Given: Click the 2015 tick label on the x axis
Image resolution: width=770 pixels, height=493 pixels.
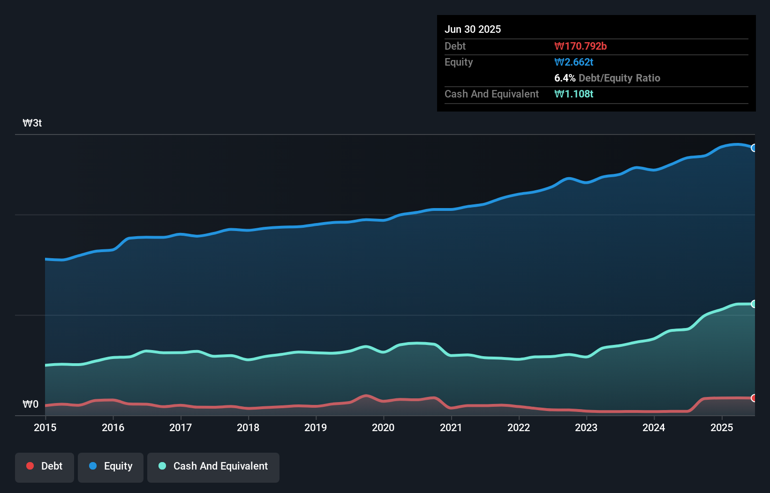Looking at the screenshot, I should pos(45,427).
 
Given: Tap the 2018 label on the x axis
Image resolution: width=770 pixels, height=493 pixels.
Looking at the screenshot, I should pos(248,427).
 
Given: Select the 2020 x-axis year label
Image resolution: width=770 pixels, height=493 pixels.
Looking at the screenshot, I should pos(383,427).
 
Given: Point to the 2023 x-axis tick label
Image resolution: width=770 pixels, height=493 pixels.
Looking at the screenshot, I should pos(586,427).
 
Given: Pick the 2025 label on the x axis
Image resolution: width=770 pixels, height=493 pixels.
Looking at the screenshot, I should pos(722,427).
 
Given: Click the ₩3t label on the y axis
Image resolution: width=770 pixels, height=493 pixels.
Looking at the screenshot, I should pos(32,123).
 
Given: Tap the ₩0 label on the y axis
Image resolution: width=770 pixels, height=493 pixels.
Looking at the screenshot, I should pos(30,404).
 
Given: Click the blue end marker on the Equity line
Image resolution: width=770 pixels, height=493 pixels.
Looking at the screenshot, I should pos(754,148).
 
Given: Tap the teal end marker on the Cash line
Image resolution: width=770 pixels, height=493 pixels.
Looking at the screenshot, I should pos(754,304).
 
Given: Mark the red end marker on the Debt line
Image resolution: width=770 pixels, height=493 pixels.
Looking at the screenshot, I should pos(754,398).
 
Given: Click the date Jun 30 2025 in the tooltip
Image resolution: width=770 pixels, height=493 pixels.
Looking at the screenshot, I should pos(473,29).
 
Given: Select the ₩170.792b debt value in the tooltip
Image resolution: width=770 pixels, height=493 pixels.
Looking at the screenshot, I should pos(581,46).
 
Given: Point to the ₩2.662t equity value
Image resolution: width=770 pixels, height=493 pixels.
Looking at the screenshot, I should pos(574,62).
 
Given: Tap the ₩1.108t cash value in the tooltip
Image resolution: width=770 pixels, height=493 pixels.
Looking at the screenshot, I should pos(574,94).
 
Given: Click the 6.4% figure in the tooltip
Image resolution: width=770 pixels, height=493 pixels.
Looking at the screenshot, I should pos(565,78).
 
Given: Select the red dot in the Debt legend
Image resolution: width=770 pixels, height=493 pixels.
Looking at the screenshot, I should pos(30,466).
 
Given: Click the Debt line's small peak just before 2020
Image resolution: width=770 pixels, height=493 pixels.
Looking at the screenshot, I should pos(366,396).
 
